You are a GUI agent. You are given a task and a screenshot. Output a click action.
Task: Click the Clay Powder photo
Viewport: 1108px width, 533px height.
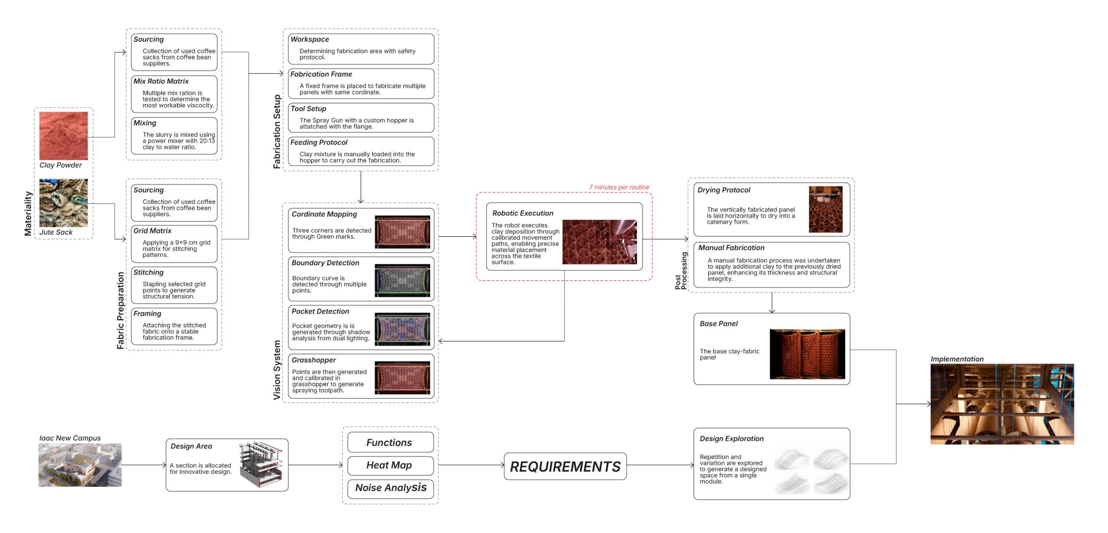(64, 136)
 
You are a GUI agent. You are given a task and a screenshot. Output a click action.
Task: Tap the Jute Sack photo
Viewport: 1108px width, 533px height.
(64, 203)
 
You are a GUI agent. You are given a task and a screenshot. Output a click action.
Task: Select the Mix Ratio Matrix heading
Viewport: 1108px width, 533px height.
(161, 81)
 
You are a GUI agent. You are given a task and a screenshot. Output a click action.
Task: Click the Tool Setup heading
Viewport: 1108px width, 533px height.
(308, 109)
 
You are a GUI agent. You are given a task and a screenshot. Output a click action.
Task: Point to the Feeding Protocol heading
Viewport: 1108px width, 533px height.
(319, 143)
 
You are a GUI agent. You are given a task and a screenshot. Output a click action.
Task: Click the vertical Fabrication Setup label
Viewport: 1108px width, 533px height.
(277, 132)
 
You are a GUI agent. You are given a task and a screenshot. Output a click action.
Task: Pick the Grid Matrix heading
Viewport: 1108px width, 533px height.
(152, 231)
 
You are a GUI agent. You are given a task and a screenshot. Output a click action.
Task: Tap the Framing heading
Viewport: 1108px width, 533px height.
(147, 314)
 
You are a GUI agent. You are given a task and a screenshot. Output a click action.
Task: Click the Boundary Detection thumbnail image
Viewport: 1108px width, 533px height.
(403, 280)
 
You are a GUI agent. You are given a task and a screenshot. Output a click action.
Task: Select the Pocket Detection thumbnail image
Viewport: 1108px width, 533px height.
(403, 329)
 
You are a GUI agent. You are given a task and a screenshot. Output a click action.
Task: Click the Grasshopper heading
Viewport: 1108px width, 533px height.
(314, 360)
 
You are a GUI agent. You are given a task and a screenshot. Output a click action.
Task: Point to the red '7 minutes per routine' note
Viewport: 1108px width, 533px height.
(619, 187)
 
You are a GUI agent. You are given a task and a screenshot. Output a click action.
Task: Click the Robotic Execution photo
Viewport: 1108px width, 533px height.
(600, 242)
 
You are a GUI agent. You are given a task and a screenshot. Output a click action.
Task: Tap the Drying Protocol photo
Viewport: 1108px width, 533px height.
(826, 209)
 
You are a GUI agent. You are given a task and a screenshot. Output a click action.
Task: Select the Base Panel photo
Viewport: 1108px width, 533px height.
(808, 354)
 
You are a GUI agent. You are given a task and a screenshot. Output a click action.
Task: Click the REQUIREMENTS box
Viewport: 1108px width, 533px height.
(565, 466)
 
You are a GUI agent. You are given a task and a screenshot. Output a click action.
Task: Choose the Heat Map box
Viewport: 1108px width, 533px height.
(390, 466)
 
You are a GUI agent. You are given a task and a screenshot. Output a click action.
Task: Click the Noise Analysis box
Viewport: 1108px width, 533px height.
(390, 488)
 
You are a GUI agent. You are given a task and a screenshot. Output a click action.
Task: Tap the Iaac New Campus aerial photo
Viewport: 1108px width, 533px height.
(80, 465)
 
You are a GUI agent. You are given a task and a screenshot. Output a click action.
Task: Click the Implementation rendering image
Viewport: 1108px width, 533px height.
(1002, 404)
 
